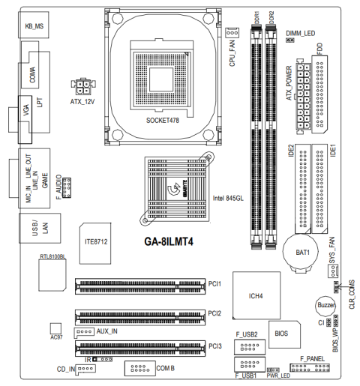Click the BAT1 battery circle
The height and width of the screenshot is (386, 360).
301,251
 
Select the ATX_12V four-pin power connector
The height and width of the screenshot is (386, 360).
83,87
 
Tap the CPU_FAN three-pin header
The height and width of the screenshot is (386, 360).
232,33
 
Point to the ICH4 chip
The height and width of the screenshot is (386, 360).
256,295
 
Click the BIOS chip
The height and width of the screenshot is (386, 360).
284,334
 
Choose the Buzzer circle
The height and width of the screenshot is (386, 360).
325,305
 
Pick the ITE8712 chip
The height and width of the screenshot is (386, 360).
95,244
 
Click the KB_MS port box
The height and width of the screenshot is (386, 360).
34,25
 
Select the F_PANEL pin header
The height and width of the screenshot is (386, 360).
310,367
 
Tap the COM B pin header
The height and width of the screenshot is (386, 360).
140,368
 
